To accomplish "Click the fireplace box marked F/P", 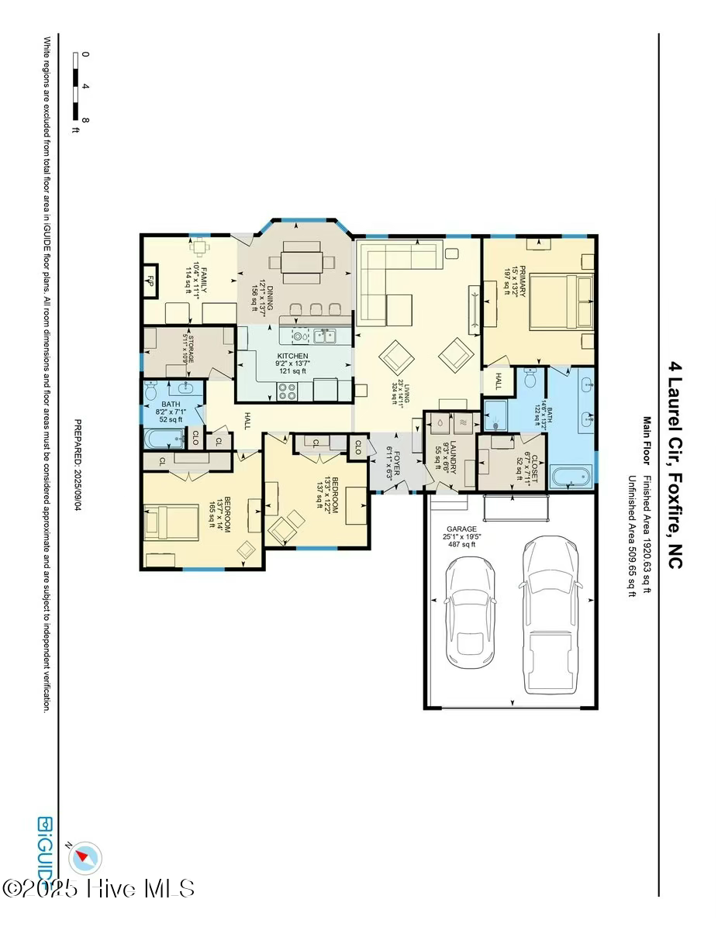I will (150, 281).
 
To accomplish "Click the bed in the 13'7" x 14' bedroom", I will (167, 520).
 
